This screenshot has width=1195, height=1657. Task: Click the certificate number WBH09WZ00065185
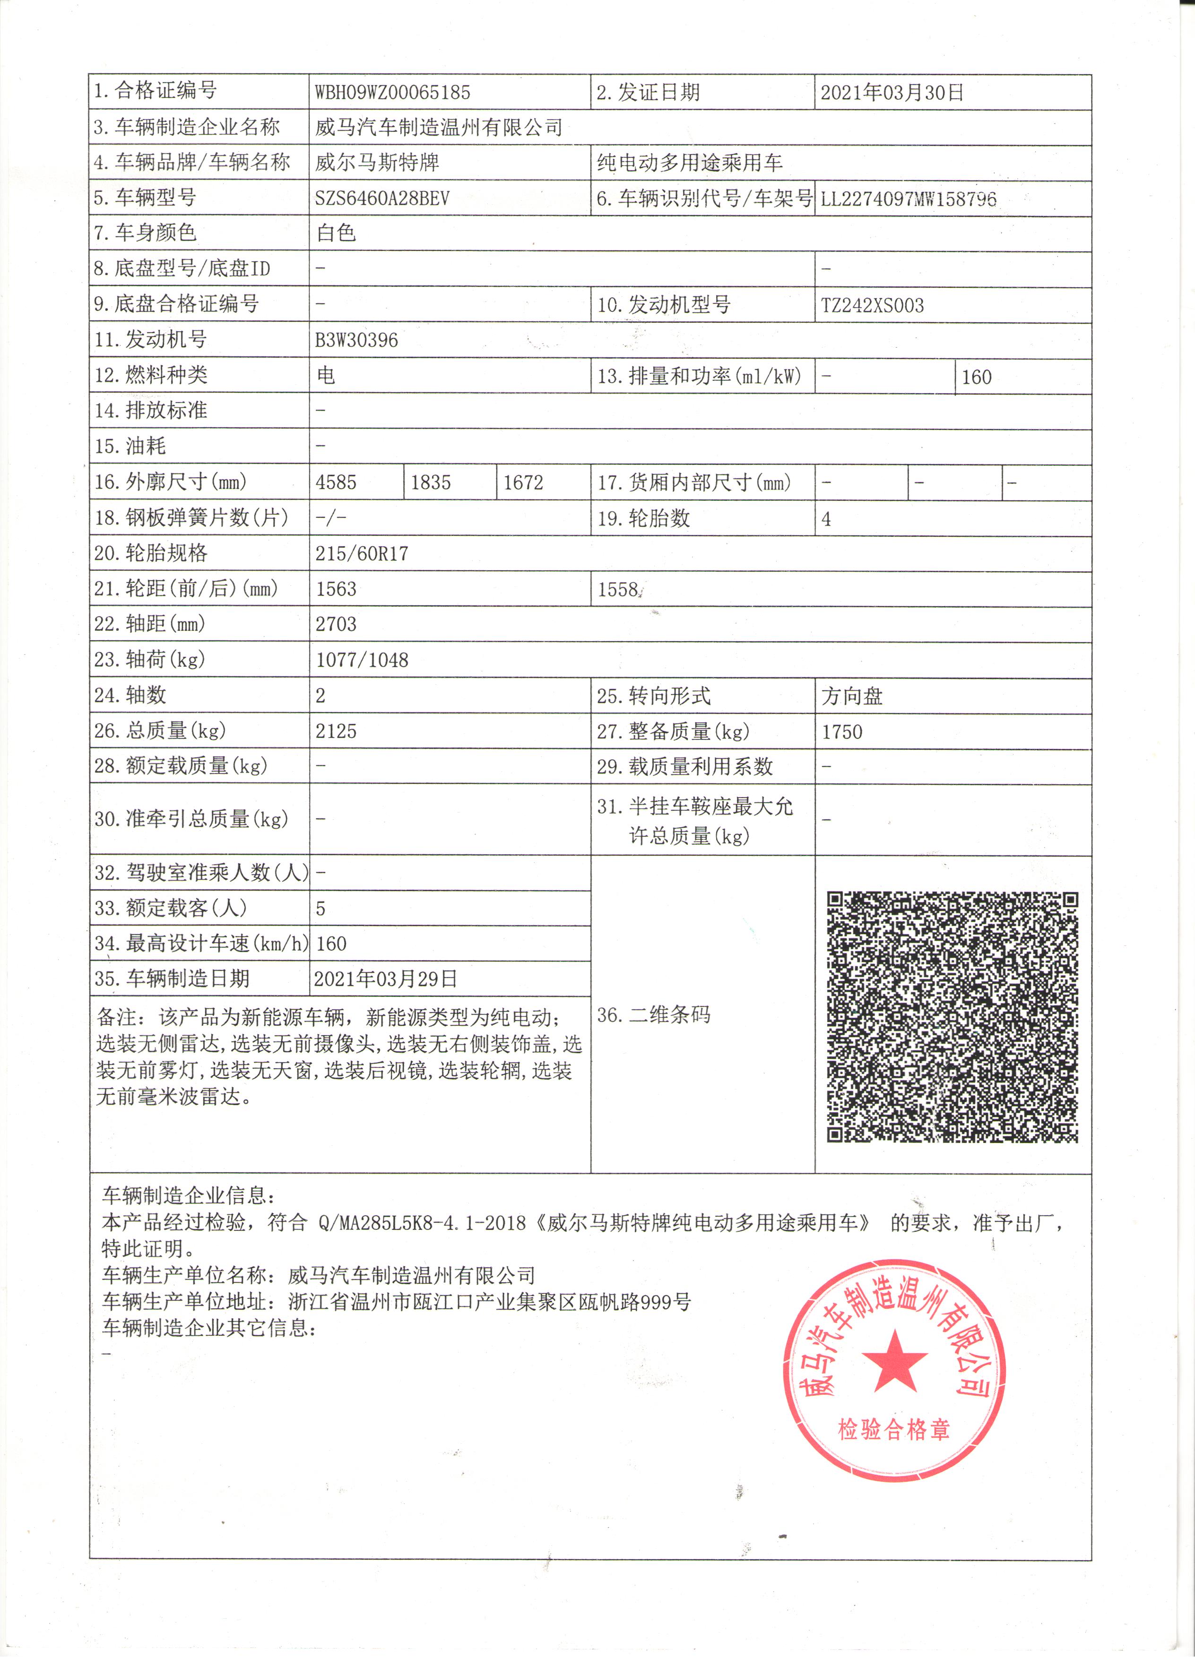click(x=392, y=93)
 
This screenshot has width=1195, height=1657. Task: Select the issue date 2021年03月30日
click(x=892, y=93)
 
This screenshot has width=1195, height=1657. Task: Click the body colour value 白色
click(x=336, y=233)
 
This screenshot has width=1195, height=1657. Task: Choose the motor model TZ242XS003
click(x=873, y=305)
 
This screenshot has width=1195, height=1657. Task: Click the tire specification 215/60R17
click(x=362, y=554)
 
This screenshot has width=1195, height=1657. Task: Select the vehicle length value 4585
click(x=336, y=483)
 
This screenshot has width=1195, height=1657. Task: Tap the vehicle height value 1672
click(x=523, y=483)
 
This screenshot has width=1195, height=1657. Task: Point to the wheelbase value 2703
click(x=336, y=625)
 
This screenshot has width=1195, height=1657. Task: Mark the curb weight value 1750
click(x=842, y=732)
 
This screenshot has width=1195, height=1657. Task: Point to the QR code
click(x=953, y=1016)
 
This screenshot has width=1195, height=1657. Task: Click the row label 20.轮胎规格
click(x=151, y=553)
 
